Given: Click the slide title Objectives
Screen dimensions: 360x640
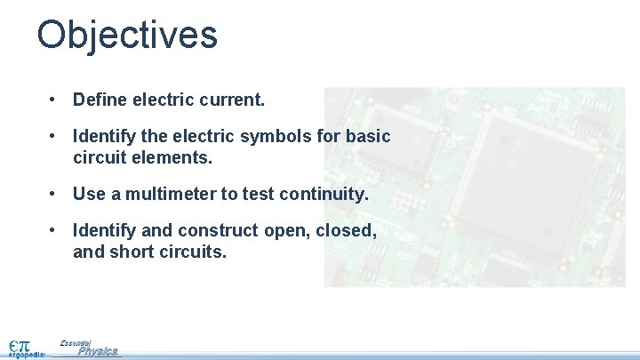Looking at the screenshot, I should click(127, 36).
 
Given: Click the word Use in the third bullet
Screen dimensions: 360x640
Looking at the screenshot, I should click(90, 194).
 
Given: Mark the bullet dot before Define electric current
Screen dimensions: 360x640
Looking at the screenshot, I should click(55, 100).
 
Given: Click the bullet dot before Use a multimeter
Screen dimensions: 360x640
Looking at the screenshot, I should click(55, 194).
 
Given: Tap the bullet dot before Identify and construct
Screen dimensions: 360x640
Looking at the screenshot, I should click(55, 231).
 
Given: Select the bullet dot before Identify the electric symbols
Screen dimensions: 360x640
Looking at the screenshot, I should click(55, 138).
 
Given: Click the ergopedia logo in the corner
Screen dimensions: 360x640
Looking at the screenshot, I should click(23, 346).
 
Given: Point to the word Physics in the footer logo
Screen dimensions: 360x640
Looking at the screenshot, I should click(97, 351).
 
